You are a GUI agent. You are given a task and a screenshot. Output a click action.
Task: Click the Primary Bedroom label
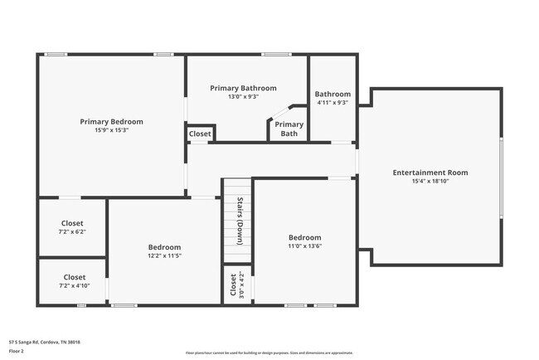(111, 122)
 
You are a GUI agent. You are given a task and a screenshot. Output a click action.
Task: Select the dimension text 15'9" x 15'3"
(111, 130)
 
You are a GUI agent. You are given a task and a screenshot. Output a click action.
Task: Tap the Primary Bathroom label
(243, 88)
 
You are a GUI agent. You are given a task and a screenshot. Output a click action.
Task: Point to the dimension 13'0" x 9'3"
(243, 96)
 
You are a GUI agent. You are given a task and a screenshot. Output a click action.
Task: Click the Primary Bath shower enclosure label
(289, 129)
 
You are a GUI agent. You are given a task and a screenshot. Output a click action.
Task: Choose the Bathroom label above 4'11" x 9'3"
(333, 95)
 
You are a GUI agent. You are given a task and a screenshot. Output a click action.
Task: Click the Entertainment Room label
(430, 173)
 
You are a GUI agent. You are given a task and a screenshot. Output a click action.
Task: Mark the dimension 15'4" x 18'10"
(430, 181)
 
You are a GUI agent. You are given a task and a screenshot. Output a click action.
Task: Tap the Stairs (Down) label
(240, 221)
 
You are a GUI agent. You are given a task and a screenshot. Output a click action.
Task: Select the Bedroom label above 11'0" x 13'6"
(304, 237)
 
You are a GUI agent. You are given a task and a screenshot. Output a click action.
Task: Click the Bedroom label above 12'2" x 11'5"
(164, 247)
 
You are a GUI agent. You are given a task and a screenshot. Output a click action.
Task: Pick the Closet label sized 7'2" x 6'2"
(72, 223)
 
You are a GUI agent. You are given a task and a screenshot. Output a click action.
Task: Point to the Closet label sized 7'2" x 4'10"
(74, 277)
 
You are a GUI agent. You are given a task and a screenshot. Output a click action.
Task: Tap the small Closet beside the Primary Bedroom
(200, 134)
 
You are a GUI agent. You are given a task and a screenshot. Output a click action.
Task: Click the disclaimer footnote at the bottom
(269, 353)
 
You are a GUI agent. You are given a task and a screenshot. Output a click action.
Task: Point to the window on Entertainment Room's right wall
(501, 177)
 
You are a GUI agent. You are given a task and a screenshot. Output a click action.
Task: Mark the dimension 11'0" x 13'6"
(304, 246)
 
